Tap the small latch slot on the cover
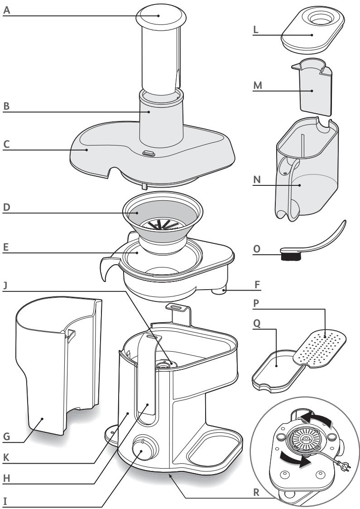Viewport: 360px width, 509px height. click(148, 154)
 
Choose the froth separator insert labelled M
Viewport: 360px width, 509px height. click(313, 90)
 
